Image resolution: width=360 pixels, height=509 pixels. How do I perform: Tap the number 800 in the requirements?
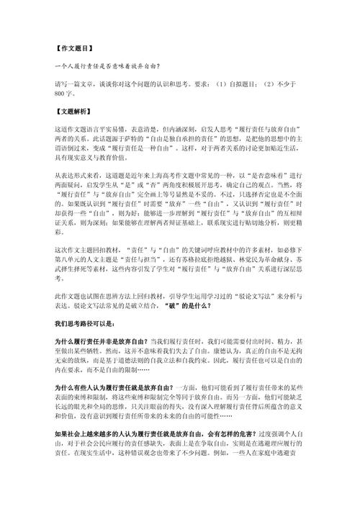point(60,94)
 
